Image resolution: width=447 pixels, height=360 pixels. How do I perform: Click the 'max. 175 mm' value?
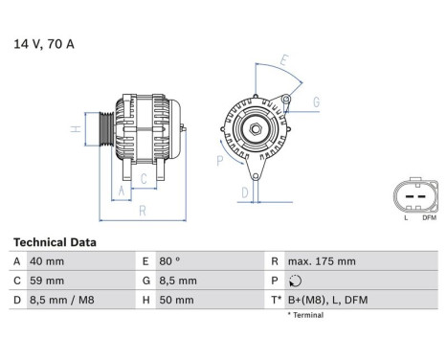click(323, 261)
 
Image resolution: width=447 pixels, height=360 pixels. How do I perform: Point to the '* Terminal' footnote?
click(305, 315)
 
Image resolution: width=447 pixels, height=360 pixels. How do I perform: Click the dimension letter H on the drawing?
click(74, 128)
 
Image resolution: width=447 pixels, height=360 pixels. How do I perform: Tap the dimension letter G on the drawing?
click(315, 102)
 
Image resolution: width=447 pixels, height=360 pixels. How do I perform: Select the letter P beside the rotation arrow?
click(220, 161)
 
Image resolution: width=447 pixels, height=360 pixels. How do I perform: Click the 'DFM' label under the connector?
click(428, 218)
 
